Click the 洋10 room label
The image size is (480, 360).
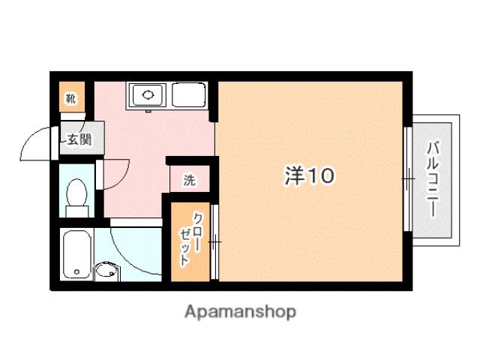tap(308, 176)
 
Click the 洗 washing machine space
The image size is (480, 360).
tap(190, 180)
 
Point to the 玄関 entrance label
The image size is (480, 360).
tap(76, 139)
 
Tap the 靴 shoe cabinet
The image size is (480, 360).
tap(70, 97)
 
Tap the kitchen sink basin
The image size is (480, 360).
tap(148, 95)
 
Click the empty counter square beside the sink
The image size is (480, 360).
tap(188, 95)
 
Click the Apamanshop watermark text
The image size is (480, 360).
tap(239, 310)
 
